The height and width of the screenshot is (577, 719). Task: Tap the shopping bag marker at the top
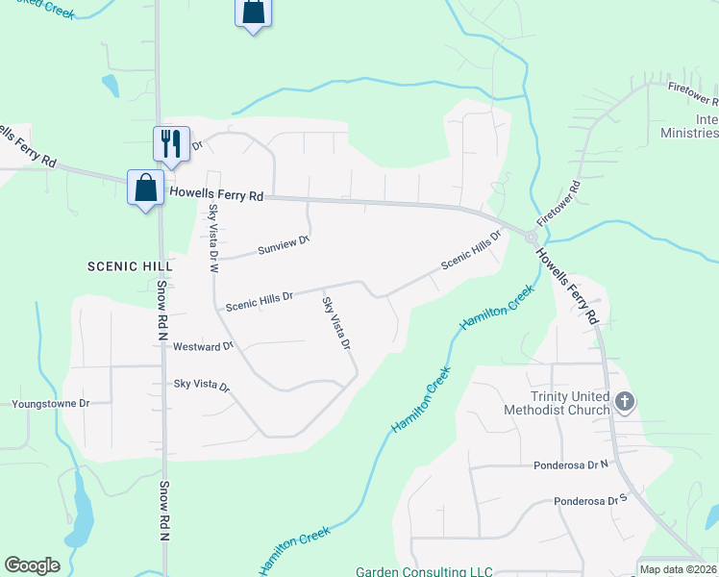pyautogui.click(x=253, y=13)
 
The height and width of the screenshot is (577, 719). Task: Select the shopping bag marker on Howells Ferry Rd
pyautogui.click(x=145, y=188)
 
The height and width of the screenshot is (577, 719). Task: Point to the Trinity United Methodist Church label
pyautogui.click(x=557, y=403)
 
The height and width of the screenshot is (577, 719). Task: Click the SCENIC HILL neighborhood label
pyautogui.click(x=130, y=265)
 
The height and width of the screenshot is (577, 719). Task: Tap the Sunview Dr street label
pyautogui.click(x=284, y=247)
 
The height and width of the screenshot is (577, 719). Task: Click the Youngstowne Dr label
pyautogui.click(x=50, y=404)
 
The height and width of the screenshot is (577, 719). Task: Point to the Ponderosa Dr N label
pyautogui.click(x=571, y=464)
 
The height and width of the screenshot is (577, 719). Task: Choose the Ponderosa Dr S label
pyautogui.click(x=589, y=501)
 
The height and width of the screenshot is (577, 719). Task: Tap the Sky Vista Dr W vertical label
pyautogui.click(x=213, y=238)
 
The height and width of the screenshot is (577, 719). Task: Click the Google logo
pyautogui.click(x=33, y=565)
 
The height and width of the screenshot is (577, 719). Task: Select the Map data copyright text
pyautogui.click(x=678, y=568)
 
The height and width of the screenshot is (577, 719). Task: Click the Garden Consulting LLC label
pyautogui.click(x=424, y=571)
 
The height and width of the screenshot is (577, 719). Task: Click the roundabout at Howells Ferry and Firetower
pyautogui.click(x=531, y=237)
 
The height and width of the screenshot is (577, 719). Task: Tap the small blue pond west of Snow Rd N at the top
pyautogui.click(x=112, y=86)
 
